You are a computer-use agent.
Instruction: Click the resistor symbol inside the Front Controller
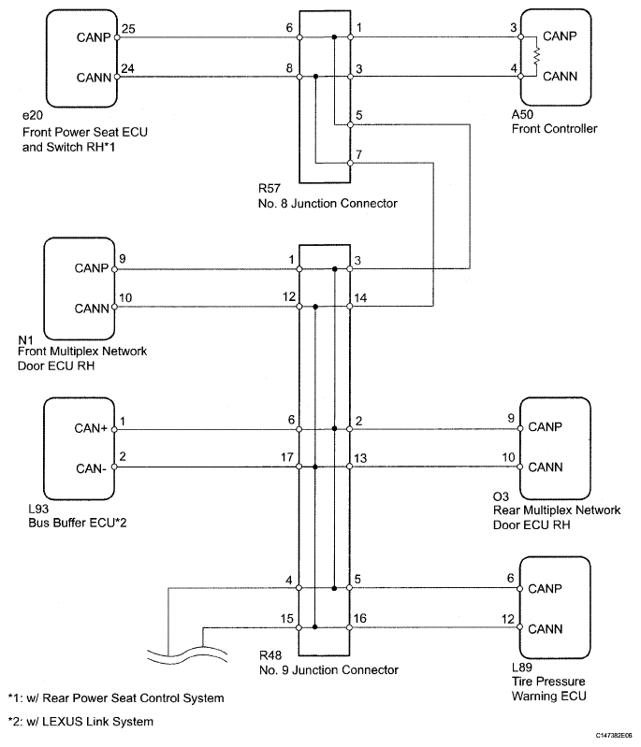536,56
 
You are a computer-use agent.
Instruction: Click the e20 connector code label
33,116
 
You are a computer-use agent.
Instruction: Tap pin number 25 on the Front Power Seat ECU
128,29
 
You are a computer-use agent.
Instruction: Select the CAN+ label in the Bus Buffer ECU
91,428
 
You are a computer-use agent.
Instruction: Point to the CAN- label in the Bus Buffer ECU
91,468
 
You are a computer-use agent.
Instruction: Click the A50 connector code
522,114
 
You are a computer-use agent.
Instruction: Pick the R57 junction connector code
270,189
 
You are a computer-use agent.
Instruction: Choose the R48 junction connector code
270,655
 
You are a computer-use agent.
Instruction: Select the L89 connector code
522,668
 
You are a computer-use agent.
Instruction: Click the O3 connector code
501,496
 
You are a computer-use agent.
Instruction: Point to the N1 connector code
25,339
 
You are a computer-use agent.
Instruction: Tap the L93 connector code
38,509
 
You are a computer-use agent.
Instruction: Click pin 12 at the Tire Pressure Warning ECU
508,619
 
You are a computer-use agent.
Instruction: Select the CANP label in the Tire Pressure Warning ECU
546,589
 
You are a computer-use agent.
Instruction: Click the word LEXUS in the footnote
60,722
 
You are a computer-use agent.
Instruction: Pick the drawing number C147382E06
613,736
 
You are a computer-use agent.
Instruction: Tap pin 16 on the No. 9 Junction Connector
359,618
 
